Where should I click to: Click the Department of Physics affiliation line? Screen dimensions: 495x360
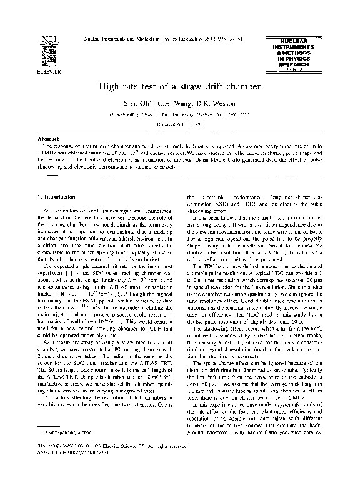(x=179, y=114)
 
